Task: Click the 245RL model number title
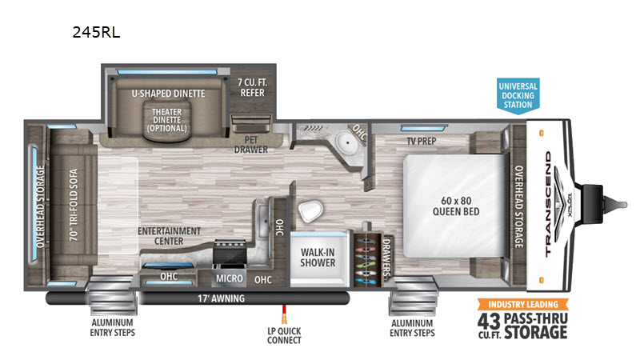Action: pyautogui.click(x=96, y=32)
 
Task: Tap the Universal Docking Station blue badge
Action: pyautogui.click(x=518, y=95)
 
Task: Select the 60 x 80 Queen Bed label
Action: pyautogui.click(x=456, y=206)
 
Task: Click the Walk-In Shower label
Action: pyautogui.click(x=318, y=258)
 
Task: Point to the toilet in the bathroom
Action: pyautogui.click(x=310, y=211)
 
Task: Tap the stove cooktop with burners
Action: pyautogui.click(x=230, y=252)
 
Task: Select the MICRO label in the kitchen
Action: pyautogui.click(x=229, y=278)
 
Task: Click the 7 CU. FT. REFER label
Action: pyautogui.click(x=252, y=88)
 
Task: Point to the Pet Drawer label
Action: pyautogui.click(x=250, y=145)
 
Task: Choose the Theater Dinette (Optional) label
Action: pyautogui.click(x=167, y=120)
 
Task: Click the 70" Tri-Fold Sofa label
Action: pyautogui.click(x=74, y=205)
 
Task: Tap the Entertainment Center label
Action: pyautogui.click(x=169, y=236)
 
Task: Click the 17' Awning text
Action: pyautogui.click(x=222, y=298)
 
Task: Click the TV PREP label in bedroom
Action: pyautogui.click(x=422, y=142)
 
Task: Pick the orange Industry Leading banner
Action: pyautogui.click(x=523, y=305)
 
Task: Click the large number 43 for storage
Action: pyautogui.click(x=489, y=321)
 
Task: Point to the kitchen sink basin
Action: pyautogui.click(x=263, y=222)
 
